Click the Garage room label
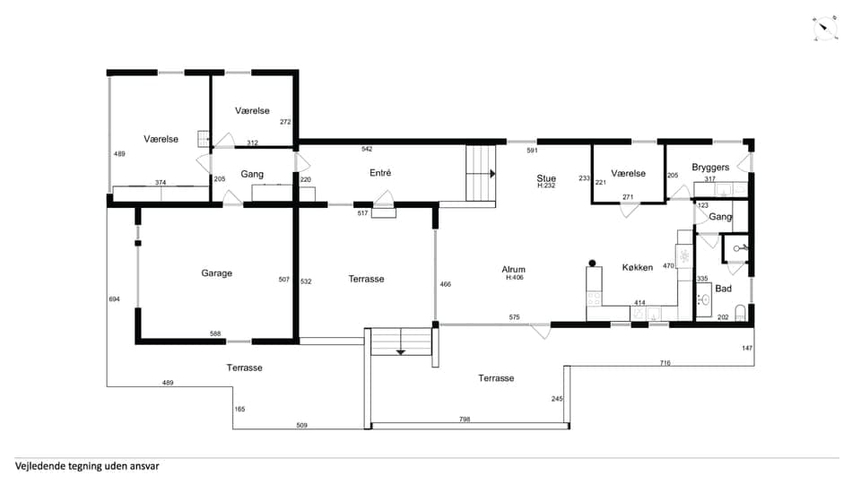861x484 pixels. click(216, 273)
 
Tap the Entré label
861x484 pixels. click(380, 173)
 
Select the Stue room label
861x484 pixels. click(546, 178)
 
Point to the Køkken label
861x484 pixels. click(638, 267)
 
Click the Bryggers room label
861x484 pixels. click(710, 168)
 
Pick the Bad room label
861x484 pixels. click(723, 289)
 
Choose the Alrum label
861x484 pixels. click(513, 270)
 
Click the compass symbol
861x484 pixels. click(825, 29)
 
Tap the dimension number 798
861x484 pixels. click(465, 419)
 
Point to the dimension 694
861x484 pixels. click(114, 299)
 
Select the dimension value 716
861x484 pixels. click(665, 363)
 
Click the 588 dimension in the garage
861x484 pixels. click(215, 333)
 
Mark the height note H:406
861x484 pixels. click(515, 278)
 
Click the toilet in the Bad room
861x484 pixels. click(740, 313)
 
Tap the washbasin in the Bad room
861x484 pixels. click(705, 299)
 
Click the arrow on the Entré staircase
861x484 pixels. click(492, 174)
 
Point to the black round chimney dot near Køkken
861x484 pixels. click(592, 264)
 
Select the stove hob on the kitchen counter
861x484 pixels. click(594, 299)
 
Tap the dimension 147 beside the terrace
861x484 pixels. click(747, 348)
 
